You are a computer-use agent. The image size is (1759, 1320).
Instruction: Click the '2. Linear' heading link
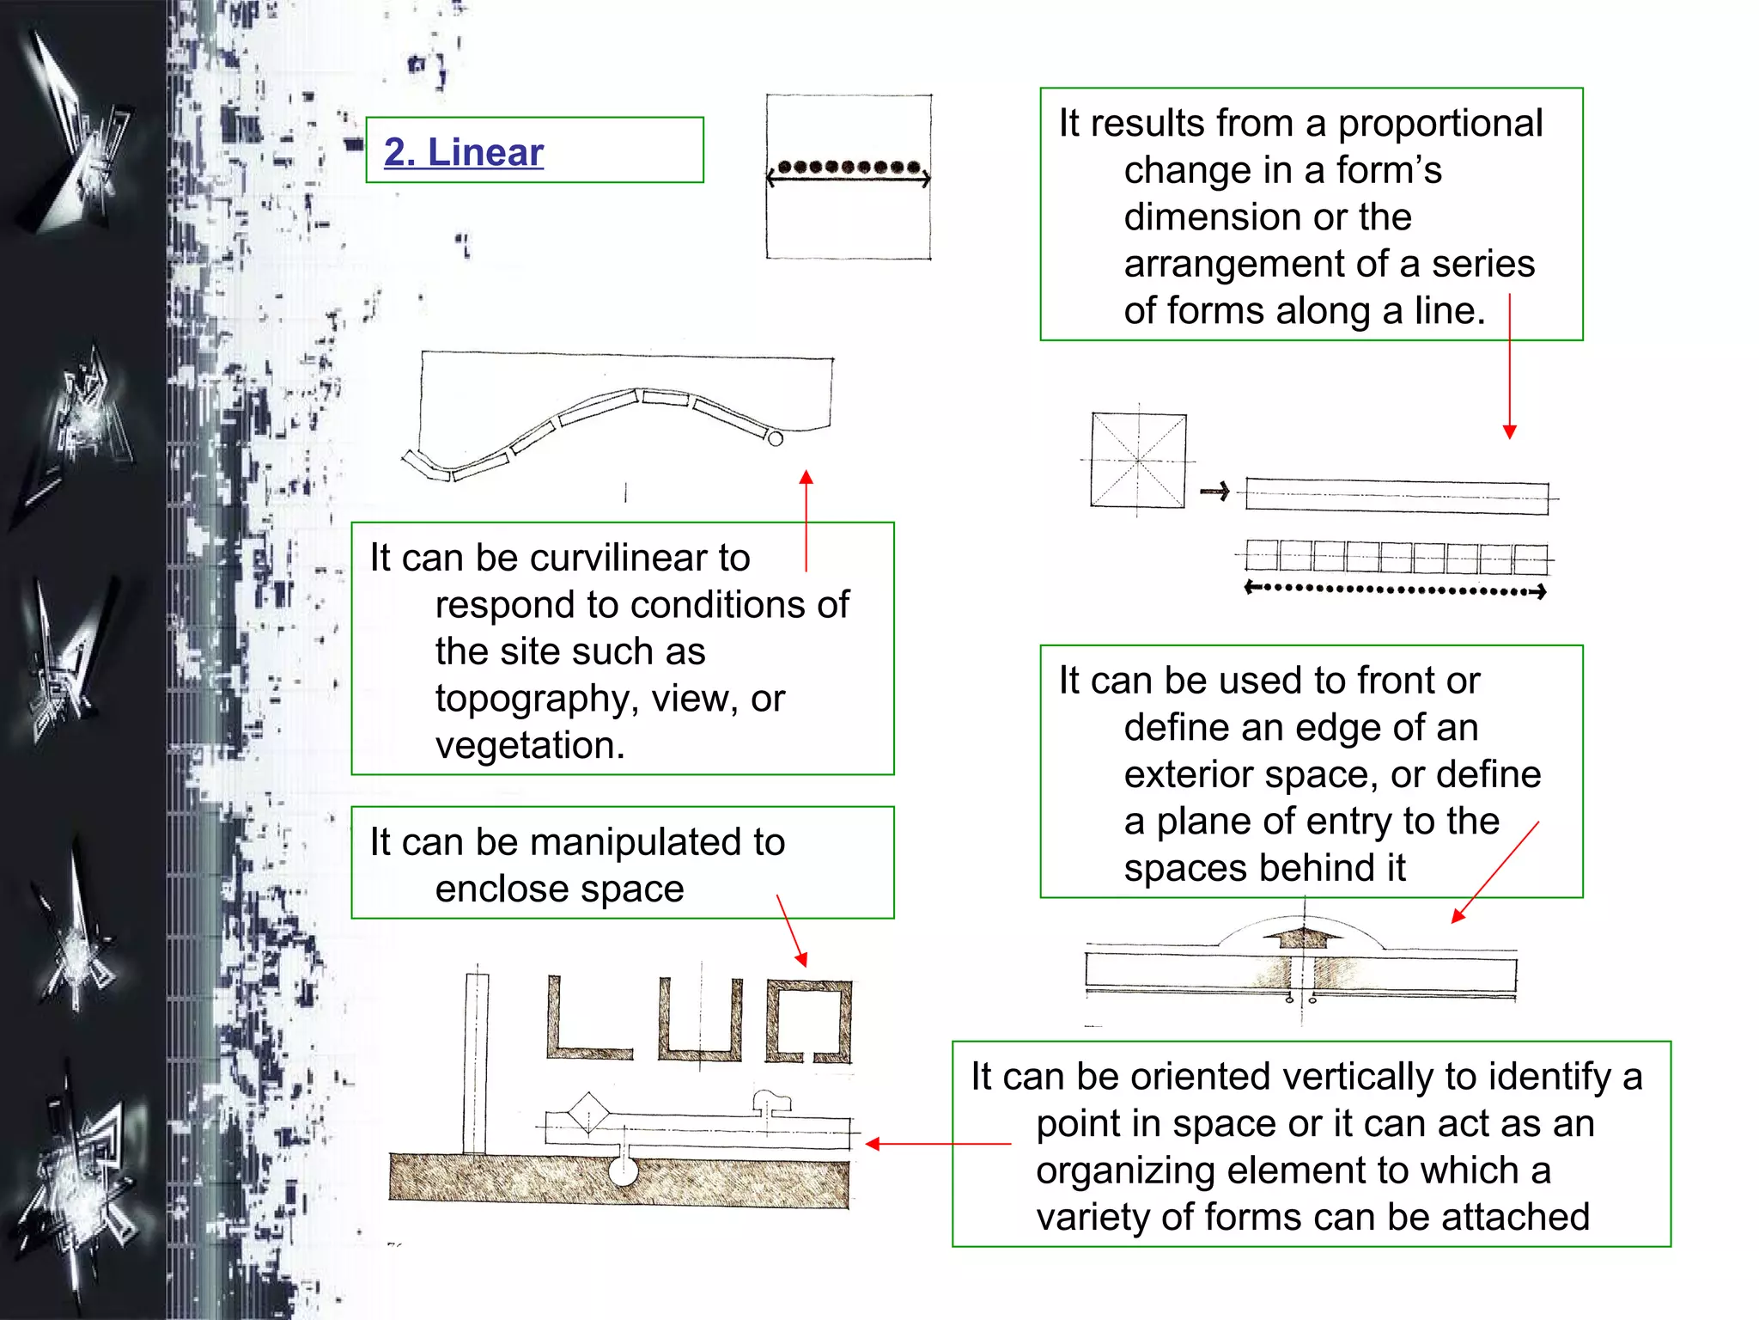pyautogui.click(x=463, y=152)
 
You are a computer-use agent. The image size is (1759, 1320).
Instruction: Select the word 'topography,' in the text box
pyautogui.click(x=537, y=699)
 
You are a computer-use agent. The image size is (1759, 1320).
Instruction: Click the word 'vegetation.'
pyautogui.click(x=530, y=745)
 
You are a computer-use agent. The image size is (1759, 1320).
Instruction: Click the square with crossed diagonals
pyautogui.click(x=1138, y=461)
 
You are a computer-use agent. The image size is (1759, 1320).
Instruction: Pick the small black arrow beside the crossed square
pyautogui.click(x=1214, y=492)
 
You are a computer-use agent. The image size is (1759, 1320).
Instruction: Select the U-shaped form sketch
pyautogui.click(x=700, y=1023)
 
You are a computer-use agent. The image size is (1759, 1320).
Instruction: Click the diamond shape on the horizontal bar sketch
pyautogui.click(x=588, y=1115)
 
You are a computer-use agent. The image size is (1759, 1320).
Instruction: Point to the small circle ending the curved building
pyautogui.click(x=775, y=439)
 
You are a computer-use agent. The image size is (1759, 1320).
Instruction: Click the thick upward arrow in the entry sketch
pyautogui.click(x=1304, y=937)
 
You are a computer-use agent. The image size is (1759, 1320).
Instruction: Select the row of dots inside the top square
pyautogui.click(x=849, y=167)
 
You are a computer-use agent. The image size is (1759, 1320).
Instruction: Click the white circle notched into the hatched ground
pyautogui.click(x=623, y=1171)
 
